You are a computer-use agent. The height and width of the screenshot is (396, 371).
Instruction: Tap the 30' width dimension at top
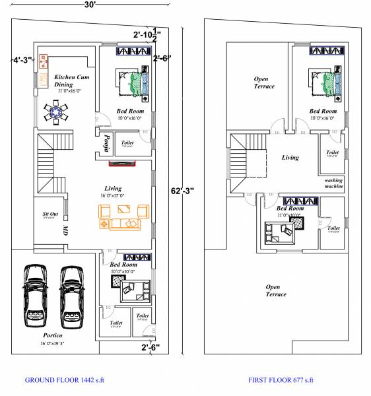90,5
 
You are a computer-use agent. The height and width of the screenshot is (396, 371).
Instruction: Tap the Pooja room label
106,142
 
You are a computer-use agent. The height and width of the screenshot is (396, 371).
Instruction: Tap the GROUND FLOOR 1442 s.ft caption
64,380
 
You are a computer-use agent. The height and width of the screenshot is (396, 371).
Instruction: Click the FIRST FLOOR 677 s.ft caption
281,380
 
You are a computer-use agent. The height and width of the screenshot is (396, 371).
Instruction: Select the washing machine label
333,183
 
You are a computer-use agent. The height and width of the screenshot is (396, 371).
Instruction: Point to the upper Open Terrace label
265,82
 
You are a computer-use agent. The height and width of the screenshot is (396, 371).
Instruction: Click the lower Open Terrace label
275,290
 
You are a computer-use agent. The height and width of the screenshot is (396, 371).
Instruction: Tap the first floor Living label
290,158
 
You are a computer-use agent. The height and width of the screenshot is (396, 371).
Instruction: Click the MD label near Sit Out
65,230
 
